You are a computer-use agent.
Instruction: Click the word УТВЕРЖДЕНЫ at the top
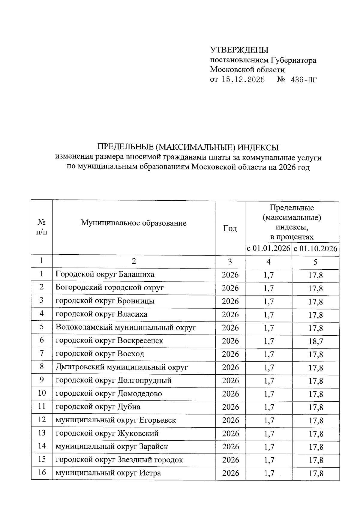pos(239,50)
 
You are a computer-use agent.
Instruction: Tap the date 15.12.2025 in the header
pos(243,80)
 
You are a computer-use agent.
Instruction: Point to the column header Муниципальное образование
pos(133,223)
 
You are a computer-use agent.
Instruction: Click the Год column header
pos(230,229)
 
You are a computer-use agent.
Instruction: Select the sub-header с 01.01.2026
pos(268,249)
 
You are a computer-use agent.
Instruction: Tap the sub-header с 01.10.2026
pos(316,249)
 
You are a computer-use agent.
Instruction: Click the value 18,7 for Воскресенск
pos(316,341)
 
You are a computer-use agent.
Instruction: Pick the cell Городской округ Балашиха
pos(105,274)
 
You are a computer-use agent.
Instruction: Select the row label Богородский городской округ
pos(110,288)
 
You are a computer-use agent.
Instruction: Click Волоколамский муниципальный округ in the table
pos(126,328)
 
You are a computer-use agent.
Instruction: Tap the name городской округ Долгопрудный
pos(114,381)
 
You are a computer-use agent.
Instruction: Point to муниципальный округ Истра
pos(108,473)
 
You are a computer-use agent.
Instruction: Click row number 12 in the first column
pos(42,420)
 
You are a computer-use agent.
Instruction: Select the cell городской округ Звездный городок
pos(119,460)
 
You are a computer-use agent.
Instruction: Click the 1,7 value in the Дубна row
pos(268,407)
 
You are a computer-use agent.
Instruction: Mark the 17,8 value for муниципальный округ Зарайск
pos(316,447)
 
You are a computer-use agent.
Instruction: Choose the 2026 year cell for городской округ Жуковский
pos(230,433)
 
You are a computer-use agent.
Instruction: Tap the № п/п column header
pos(42,227)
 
